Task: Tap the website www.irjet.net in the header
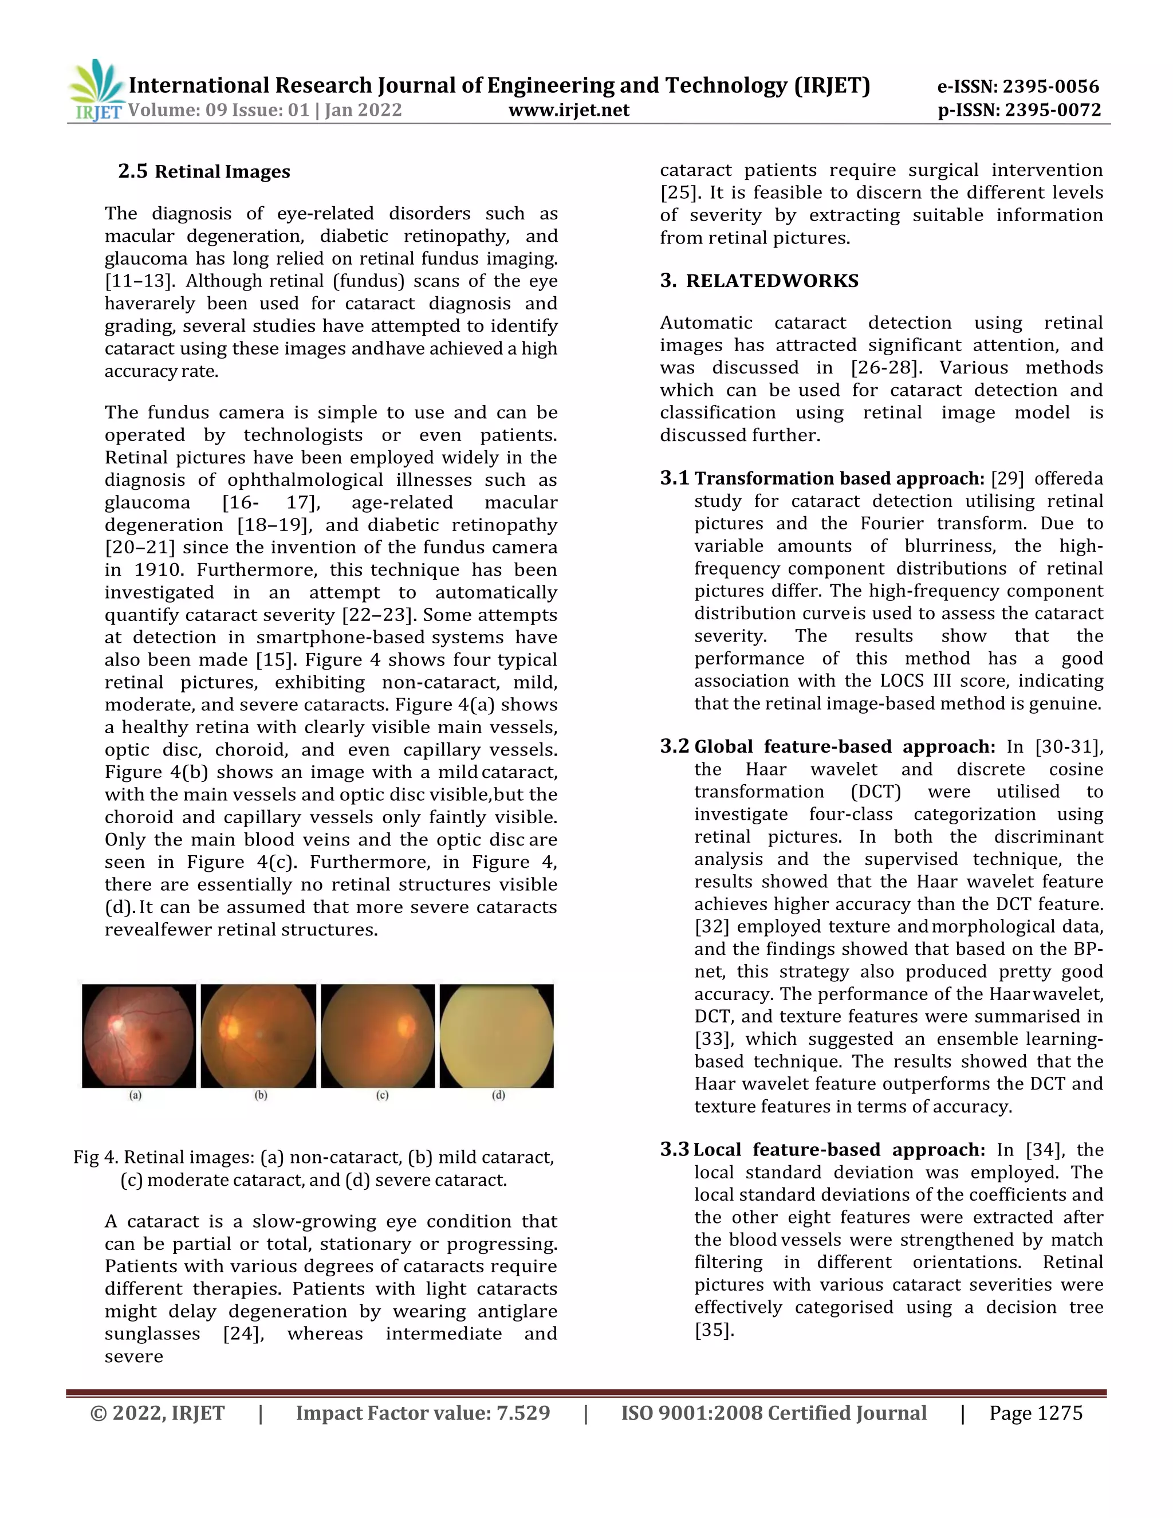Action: tap(568, 110)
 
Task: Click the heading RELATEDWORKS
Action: tap(772, 281)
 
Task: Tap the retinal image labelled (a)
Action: tap(139, 1036)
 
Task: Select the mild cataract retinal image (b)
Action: tap(258, 1036)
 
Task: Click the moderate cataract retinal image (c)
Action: tap(378, 1036)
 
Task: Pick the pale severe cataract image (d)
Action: tap(497, 1036)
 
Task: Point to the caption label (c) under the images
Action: tap(382, 1095)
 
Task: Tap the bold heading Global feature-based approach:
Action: tap(844, 747)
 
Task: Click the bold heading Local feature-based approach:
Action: tap(839, 1150)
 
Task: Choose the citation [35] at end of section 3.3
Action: tap(714, 1330)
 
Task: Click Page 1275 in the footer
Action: tap(1036, 1413)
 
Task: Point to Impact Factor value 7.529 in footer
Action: tap(423, 1413)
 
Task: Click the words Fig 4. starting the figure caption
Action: tap(96, 1157)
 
